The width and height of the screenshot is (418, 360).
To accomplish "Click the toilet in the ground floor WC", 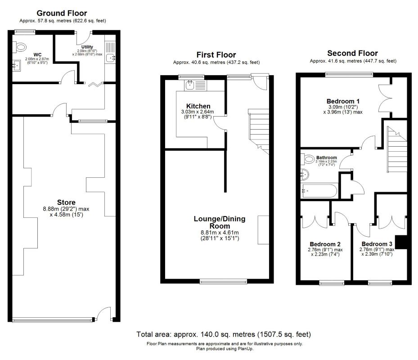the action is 20,47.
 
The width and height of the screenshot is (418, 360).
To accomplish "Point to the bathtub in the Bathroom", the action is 319,191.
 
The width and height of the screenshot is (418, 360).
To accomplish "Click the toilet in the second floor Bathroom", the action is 308,159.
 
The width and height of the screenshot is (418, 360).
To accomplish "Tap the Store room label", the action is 66,202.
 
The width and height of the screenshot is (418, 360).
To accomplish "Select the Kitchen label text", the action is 198,106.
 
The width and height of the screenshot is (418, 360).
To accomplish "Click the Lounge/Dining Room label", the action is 220,222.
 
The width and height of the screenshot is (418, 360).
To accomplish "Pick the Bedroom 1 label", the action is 343,101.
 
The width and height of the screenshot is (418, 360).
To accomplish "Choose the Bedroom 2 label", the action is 325,244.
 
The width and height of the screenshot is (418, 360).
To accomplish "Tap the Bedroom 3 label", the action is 377,244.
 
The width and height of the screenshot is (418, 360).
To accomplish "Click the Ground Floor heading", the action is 62,13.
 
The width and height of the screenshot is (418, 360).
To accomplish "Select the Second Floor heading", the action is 352,53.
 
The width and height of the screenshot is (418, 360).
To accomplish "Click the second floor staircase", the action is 397,149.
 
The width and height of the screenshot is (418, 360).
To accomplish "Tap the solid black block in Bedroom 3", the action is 401,242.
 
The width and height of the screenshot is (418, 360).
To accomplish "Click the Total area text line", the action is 223,334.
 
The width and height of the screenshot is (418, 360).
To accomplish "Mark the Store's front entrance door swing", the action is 103,314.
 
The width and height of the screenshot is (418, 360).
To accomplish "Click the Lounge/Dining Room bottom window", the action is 223,281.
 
